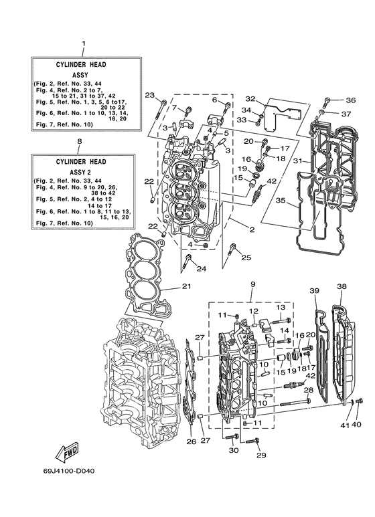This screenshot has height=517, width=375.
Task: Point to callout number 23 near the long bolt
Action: pyautogui.click(x=149, y=94)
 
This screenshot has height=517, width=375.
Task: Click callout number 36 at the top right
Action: pyautogui.click(x=350, y=101)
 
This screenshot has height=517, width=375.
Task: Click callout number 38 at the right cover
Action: pyautogui.click(x=342, y=287)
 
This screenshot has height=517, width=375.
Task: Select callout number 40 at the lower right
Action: pyautogui.click(x=356, y=425)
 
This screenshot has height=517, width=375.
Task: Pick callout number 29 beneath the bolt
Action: pyautogui.click(x=260, y=455)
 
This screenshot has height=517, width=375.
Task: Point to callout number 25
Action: pyautogui.click(x=246, y=258)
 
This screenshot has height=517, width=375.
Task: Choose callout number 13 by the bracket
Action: pyautogui.click(x=281, y=306)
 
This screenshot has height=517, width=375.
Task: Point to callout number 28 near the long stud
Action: pyautogui.click(x=308, y=390)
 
